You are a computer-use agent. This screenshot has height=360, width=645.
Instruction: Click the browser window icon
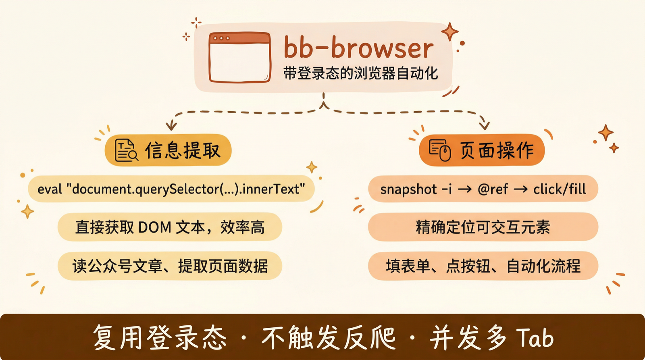click(239, 57)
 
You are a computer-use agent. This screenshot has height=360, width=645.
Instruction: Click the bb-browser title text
click(358, 48)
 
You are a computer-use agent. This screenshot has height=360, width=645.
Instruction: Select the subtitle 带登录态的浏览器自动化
click(360, 74)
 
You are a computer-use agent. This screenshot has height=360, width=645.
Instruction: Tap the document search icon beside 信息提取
click(126, 150)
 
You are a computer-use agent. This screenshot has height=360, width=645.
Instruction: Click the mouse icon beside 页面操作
click(439, 150)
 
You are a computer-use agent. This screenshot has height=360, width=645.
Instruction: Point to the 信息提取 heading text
click(183, 150)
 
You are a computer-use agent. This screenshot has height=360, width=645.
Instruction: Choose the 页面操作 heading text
click(497, 150)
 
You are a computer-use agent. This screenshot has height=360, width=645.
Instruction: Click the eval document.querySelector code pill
click(171, 189)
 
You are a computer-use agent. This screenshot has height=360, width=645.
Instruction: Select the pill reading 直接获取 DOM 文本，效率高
click(170, 227)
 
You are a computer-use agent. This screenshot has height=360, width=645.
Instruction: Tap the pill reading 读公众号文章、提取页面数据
click(170, 266)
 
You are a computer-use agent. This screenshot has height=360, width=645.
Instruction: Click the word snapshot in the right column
click(408, 189)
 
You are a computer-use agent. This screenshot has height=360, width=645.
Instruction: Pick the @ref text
click(493, 189)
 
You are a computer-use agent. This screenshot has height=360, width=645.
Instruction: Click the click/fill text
click(560, 189)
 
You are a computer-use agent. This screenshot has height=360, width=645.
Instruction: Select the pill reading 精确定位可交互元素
click(483, 227)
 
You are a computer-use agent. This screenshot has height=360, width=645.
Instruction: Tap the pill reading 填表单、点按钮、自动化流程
click(483, 266)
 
